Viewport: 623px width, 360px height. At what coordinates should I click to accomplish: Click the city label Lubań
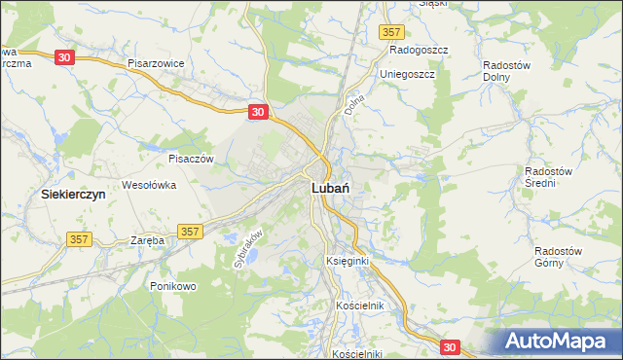pos(331,189)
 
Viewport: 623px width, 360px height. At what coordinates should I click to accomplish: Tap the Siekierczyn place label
pos(73,194)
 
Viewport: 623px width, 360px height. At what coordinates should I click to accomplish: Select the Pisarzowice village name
pos(156,62)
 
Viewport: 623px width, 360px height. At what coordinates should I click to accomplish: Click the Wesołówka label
pos(148,184)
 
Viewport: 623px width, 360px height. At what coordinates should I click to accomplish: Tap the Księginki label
pos(346,262)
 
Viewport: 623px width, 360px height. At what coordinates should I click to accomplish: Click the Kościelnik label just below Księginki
pos(360,306)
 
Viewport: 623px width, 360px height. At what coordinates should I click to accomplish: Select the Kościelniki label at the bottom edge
pos(357,353)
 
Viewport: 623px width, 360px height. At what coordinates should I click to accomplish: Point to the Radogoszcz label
pos(418,50)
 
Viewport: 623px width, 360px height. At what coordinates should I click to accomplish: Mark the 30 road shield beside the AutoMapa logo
pos(449,345)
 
